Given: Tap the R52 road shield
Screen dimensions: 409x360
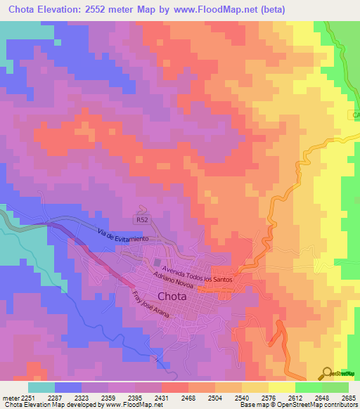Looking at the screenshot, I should click(x=143, y=220).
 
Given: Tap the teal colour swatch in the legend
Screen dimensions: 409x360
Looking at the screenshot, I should click(x=41, y=387).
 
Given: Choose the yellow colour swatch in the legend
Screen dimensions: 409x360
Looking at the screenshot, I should click(x=281, y=387).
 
